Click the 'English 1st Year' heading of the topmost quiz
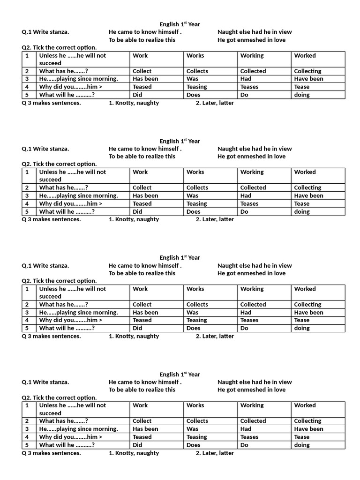pyautogui.click(x=180, y=24)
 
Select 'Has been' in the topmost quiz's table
pyautogui.click(x=145, y=79)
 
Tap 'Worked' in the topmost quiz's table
pyautogui.click(x=305, y=55)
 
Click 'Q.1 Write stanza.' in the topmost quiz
pyautogui.click(x=45, y=32)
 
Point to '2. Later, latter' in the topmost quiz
pyautogui.click(x=215, y=103)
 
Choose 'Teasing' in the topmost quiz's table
pyautogui.click(x=196, y=87)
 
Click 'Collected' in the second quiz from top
pyautogui.click(x=253, y=187)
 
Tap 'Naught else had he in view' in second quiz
pyautogui.click(x=255, y=149)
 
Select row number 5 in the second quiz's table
pyautogui.click(x=27, y=211)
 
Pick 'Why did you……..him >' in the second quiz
pyautogui.click(x=71, y=203)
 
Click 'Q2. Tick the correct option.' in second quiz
pyautogui.click(x=60, y=164)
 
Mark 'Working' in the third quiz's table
pyautogui.click(x=252, y=289)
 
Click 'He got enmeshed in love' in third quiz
pyautogui.click(x=251, y=273)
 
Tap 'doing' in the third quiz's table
pyautogui.click(x=302, y=328)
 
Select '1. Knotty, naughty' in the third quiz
pyautogui.click(x=134, y=336)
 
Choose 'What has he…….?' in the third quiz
pyautogui.click(x=64, y=304)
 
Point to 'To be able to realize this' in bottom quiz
pyautogui.click(x=142, y=390)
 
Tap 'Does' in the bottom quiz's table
pyautogui.click(x=193, y=445)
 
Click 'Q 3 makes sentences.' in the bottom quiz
pyautogui.click(x=52, y=453)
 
